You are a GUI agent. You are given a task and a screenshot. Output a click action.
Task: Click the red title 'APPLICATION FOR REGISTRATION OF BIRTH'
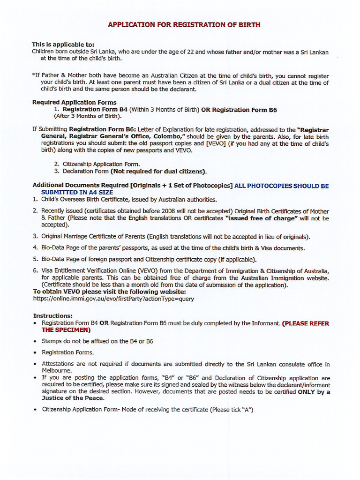[x=184, y=24]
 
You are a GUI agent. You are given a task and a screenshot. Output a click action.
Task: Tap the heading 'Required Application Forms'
[x=74, y=102]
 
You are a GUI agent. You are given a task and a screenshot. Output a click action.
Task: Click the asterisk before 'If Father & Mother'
[x=33, y=75]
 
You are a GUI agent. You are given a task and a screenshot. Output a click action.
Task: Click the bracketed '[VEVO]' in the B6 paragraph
[x=216, y=143]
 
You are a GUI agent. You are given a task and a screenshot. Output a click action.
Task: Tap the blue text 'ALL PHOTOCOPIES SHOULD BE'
[x=281, y=186]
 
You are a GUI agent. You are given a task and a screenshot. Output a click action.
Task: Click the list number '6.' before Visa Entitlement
[x=35, y=271]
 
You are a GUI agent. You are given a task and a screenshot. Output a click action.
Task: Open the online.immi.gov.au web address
[x=113, y=299]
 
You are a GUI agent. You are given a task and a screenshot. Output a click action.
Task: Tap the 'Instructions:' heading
[x=52, y=316]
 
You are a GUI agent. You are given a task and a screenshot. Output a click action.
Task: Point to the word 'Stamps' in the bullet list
[x=52, y=341]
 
